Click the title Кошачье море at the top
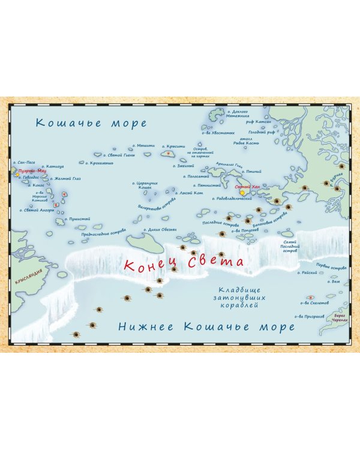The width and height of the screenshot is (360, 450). pos(91,124)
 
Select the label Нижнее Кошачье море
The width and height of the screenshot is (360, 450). pos(206,326)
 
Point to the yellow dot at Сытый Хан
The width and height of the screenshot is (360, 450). pos(242,193)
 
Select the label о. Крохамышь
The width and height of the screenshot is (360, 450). pos(100,162)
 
